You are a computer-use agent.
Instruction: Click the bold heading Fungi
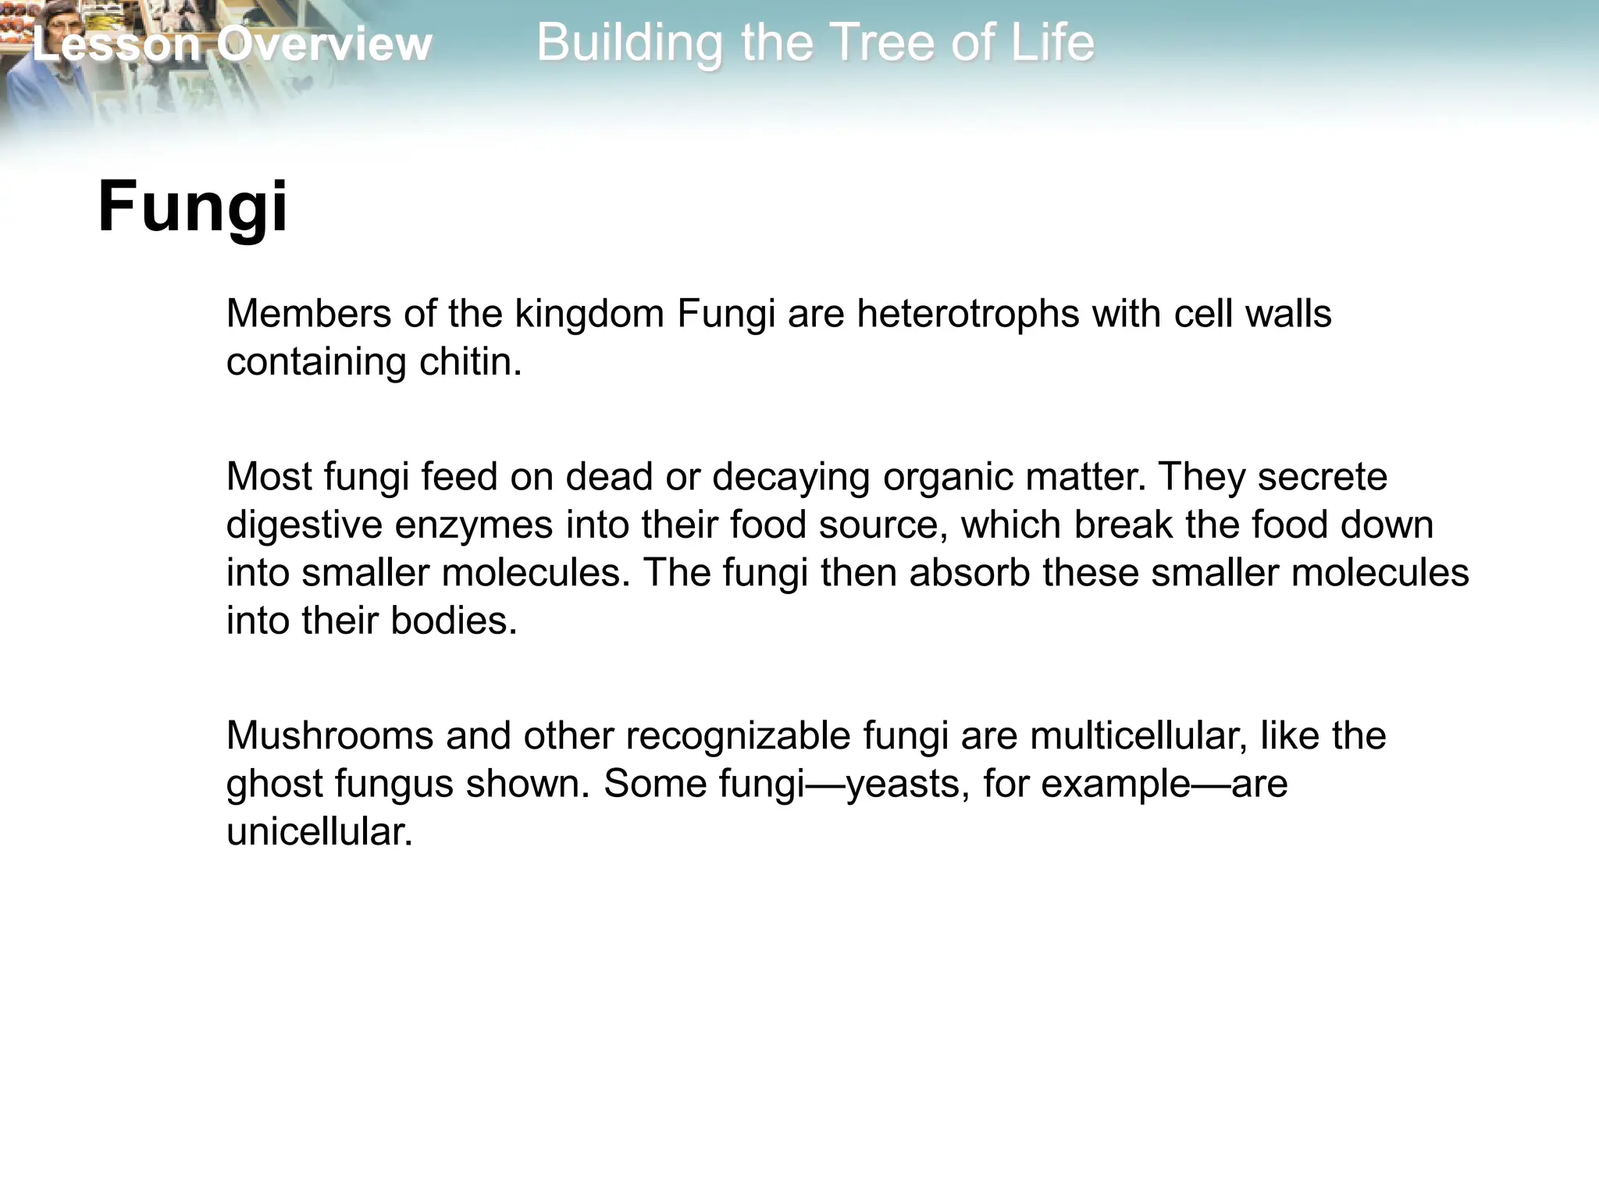193,207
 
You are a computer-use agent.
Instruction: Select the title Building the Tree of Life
815,42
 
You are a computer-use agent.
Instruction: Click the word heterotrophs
968,314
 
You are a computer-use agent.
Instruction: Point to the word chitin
470,362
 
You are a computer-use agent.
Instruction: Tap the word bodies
454,621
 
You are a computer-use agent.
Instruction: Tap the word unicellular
319,832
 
